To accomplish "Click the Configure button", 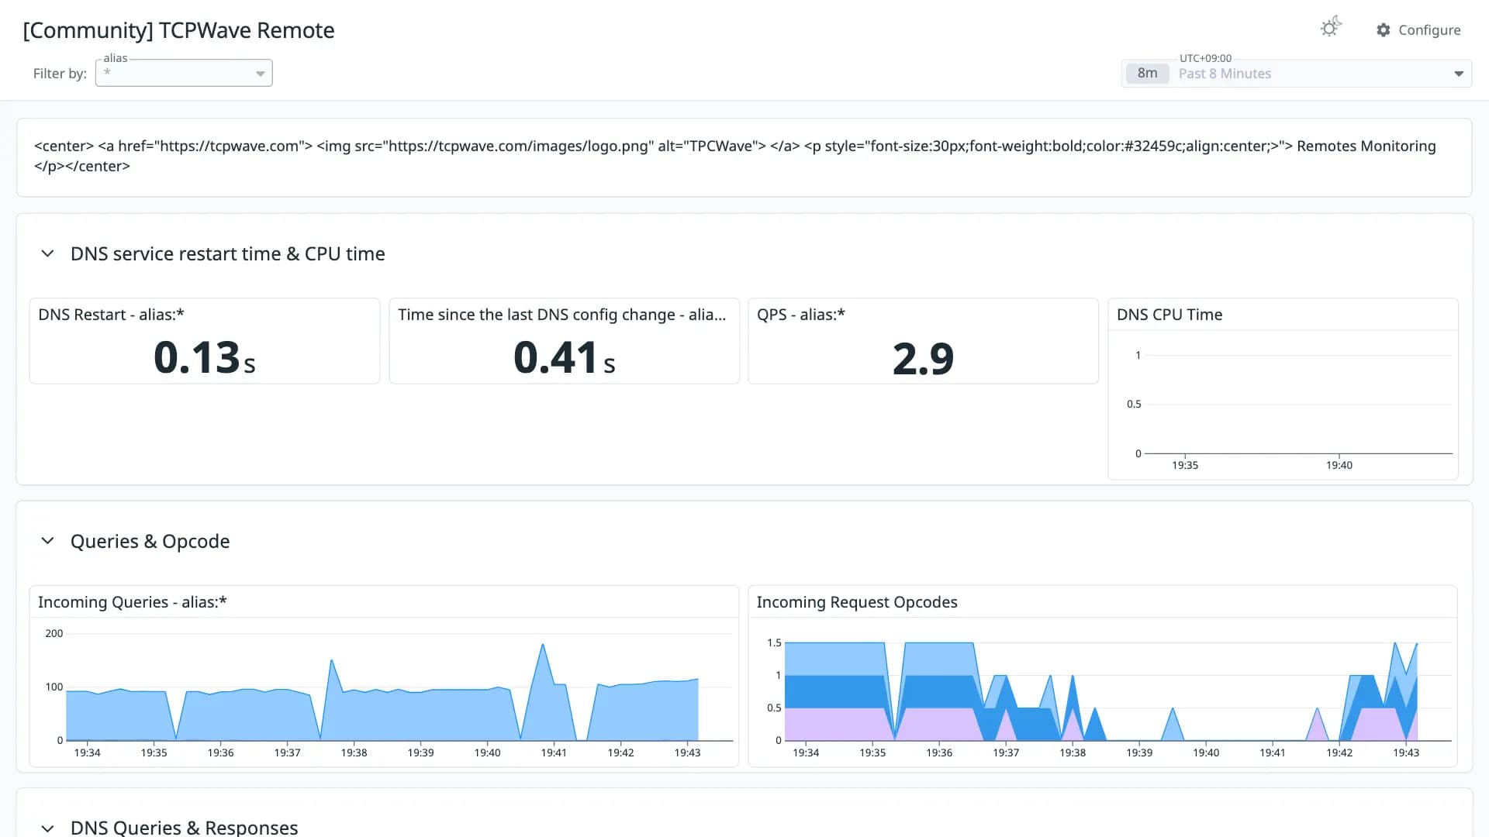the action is (1418, 30).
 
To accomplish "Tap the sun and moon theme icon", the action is (1331, 27).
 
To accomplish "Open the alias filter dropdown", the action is (184, 73).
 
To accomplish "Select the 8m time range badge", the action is (1147, 74).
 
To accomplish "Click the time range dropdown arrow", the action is (1459, 74).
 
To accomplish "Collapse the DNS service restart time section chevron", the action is (47, 253).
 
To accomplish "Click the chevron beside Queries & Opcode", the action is (47, 541).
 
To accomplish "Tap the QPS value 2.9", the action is (923, 358).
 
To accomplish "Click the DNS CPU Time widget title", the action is (1169, 315).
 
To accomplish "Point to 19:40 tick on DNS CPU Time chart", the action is (1339, 465).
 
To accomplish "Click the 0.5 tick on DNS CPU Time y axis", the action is (1134, 404).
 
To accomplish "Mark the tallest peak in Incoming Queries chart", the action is (542, 645).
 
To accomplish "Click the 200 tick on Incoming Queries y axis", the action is (54, 633).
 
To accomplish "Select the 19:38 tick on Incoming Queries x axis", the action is (354, 753).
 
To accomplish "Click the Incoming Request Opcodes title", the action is (857, 602).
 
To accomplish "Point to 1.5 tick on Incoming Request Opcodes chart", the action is (774, 642).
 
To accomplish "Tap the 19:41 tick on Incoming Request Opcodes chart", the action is (1272, 753).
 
